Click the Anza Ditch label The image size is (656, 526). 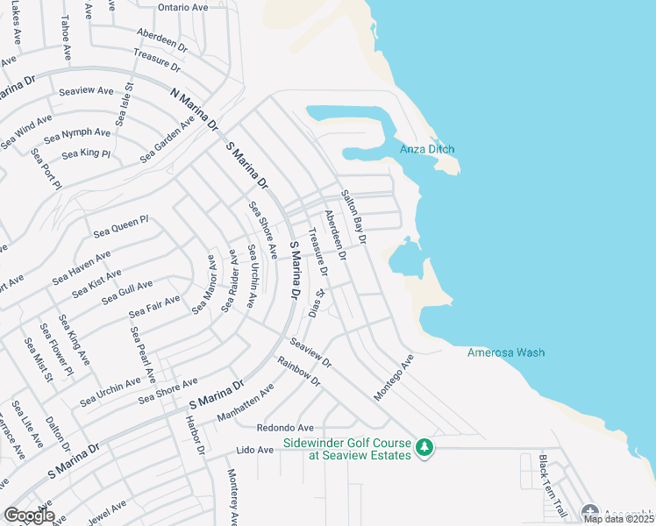427,149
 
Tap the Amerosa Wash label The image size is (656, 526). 506,352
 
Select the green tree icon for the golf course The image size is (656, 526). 424,448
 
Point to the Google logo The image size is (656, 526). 29,515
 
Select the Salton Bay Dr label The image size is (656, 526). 353,217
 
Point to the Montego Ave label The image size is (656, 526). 393,379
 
